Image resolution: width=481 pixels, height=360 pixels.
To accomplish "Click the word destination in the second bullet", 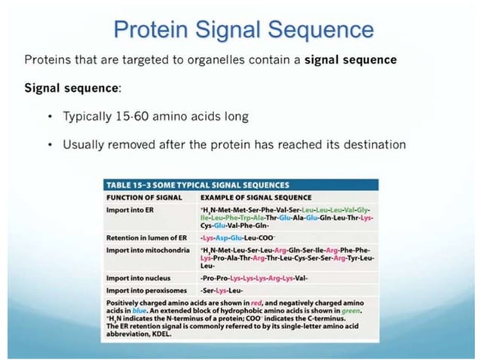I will tap(369, 144).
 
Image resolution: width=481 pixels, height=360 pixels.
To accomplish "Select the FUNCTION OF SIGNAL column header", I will tap(137, 196).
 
